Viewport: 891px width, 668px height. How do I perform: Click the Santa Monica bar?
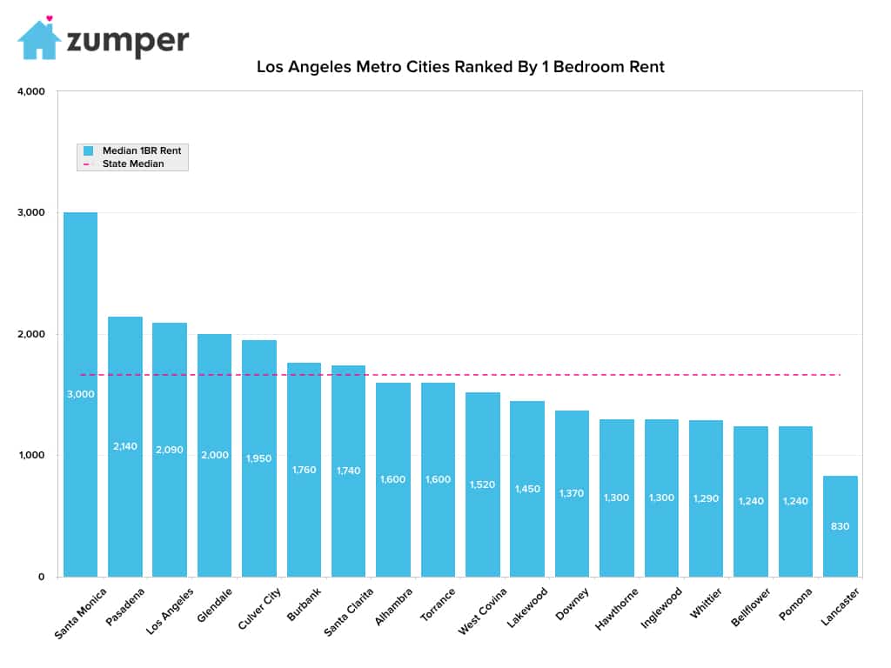[80, 394]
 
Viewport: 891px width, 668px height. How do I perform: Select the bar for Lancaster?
[840, 526]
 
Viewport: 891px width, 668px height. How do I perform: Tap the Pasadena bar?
[125, 446]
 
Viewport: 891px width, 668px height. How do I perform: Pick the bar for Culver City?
[259, 458]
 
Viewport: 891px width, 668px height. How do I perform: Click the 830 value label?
[840, 526]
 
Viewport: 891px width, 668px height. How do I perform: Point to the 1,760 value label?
[304, 470]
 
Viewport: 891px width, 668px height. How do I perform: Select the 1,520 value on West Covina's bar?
[482, 484]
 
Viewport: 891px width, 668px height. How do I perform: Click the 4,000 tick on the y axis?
[31, 91]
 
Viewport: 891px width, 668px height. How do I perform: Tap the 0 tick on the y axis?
[41, 577]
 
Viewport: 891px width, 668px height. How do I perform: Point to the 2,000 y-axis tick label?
[31, 334]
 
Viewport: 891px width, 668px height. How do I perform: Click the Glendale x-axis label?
[215, 605]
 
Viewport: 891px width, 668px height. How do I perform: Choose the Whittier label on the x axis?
[707, 604]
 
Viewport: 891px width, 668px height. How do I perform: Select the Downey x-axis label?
[572, 604]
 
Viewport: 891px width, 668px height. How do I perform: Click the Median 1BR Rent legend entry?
[132, 150]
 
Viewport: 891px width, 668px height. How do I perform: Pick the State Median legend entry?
[124, 164]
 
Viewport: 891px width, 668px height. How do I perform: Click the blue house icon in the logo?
[38, 41]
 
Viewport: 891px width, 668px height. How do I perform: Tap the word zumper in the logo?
[128, 41]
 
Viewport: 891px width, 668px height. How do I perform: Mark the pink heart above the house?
[50, 18]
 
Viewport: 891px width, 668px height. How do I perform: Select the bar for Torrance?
[439, 479]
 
